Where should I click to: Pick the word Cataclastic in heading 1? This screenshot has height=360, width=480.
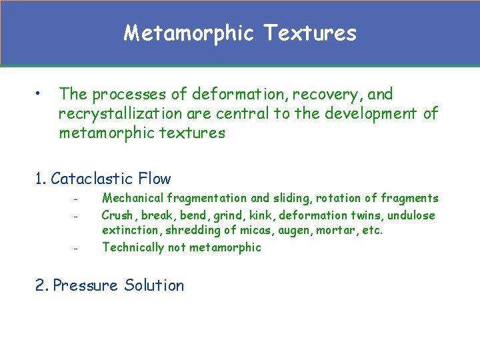[93, 179]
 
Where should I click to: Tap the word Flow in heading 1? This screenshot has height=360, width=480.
[155, 179]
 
